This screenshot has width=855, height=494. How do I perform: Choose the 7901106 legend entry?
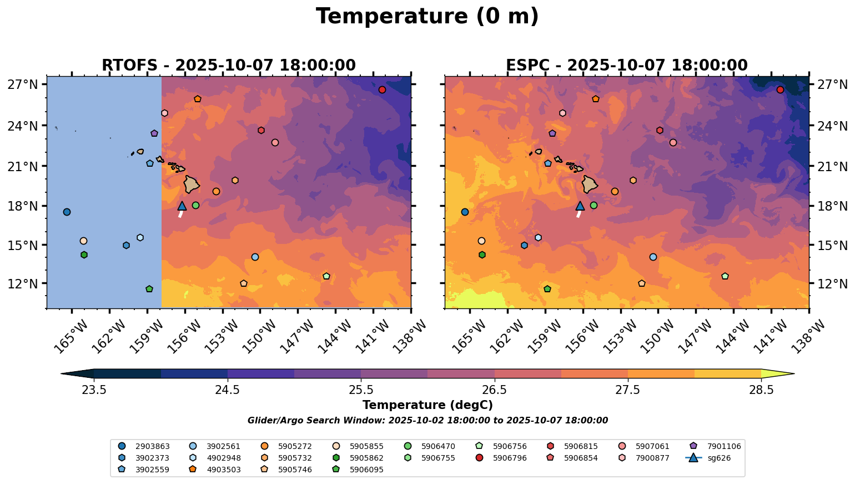722,446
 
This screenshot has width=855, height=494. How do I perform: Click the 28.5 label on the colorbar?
761,390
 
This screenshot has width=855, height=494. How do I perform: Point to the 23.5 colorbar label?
94,390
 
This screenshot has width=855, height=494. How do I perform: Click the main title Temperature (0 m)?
427,17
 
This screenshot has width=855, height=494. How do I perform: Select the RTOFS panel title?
228,66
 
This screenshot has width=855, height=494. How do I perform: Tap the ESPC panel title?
626,66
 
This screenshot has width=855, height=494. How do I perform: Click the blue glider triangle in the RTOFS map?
182,206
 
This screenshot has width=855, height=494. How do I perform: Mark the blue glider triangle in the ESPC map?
580,206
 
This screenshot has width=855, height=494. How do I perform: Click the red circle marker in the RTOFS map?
382,90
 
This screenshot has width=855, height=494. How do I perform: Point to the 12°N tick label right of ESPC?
831,283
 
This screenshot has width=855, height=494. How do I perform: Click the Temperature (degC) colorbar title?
427,405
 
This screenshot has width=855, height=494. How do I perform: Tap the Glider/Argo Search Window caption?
427,421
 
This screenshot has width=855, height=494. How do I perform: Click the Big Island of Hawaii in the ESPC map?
590,184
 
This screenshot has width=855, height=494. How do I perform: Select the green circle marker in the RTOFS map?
195,206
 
